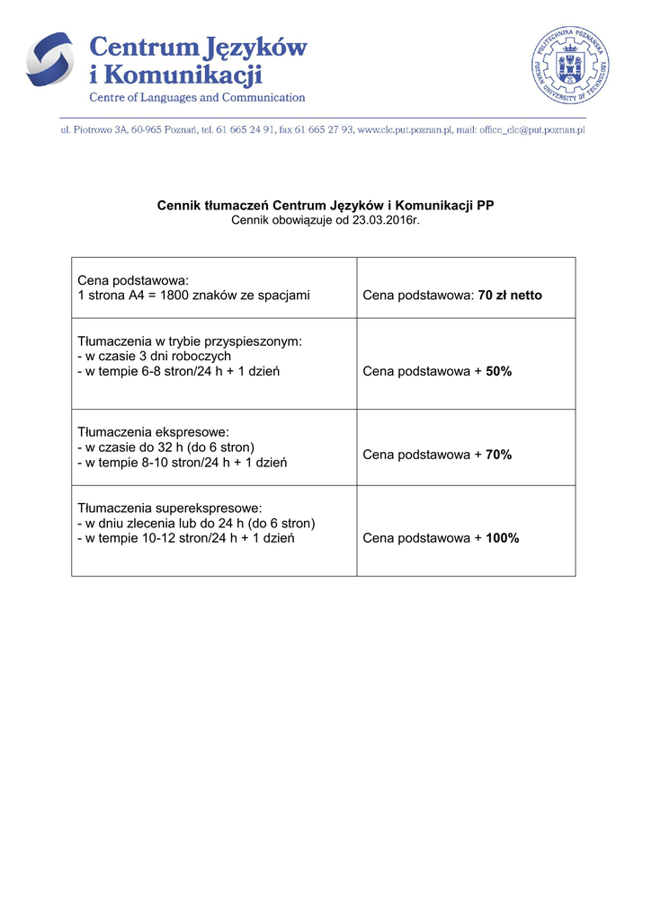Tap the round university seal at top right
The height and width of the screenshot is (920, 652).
pos(570,65)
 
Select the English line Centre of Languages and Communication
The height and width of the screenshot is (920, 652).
pos(196,97)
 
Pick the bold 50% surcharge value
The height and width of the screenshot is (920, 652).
pos(498,371)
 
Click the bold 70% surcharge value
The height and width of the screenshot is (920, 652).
pos(498,455)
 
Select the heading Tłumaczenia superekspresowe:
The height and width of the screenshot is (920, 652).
pos(170,508)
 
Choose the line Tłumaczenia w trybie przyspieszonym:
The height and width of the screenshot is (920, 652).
pos(190,341)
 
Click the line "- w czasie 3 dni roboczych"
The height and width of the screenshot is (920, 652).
pos(155,356)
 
